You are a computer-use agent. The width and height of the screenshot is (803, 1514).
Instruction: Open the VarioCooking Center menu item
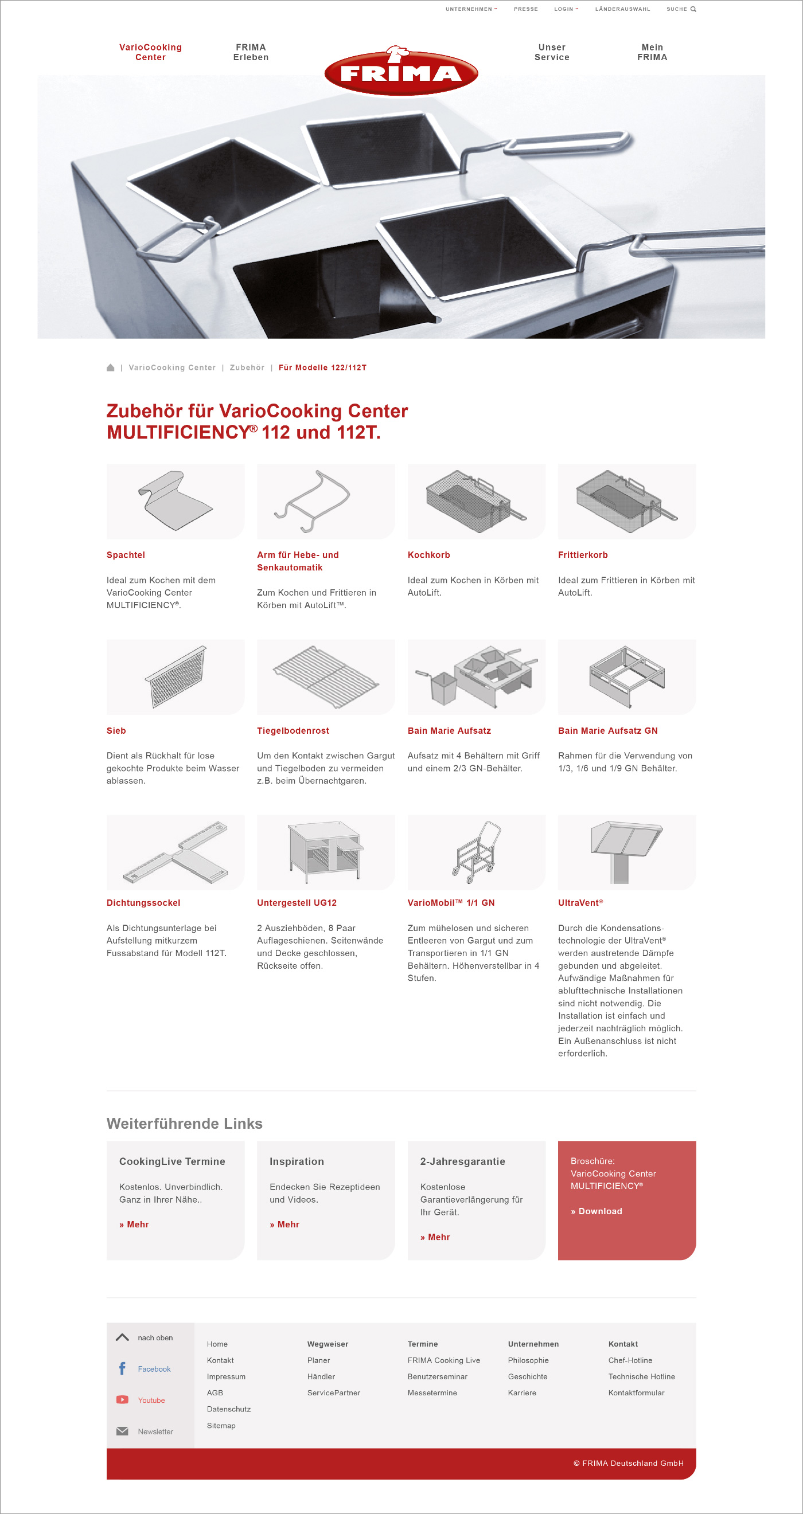[150, 52]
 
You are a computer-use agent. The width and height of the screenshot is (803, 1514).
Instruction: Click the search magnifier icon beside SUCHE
[693, 9]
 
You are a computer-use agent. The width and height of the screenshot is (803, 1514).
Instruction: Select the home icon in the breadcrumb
[111, 368]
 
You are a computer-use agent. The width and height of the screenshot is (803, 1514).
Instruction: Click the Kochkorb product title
[428, 555]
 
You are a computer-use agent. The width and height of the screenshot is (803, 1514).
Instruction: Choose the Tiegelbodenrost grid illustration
[326, 676]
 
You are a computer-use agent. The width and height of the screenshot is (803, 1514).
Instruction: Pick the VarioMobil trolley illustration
[476, 852]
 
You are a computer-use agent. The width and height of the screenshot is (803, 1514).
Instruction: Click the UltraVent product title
[580, 903]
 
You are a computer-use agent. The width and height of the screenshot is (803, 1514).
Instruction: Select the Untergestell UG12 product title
[297, 903]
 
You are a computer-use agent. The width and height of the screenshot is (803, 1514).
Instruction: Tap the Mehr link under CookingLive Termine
[134, 1224]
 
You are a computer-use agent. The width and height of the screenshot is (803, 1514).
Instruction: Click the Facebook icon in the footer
[122, 1369]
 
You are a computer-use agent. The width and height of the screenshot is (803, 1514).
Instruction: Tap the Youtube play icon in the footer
[122, 1400]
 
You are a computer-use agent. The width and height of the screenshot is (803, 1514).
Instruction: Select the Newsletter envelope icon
[122, 1431]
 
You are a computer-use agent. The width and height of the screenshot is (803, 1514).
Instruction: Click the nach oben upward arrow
[122, 1337]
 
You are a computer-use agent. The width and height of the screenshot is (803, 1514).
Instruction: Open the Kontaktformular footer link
[636, 1393]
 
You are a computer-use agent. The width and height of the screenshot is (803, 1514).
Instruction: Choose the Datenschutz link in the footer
[229, 1410]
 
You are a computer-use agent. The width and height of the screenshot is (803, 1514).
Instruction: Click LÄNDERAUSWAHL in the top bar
[622, 9]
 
